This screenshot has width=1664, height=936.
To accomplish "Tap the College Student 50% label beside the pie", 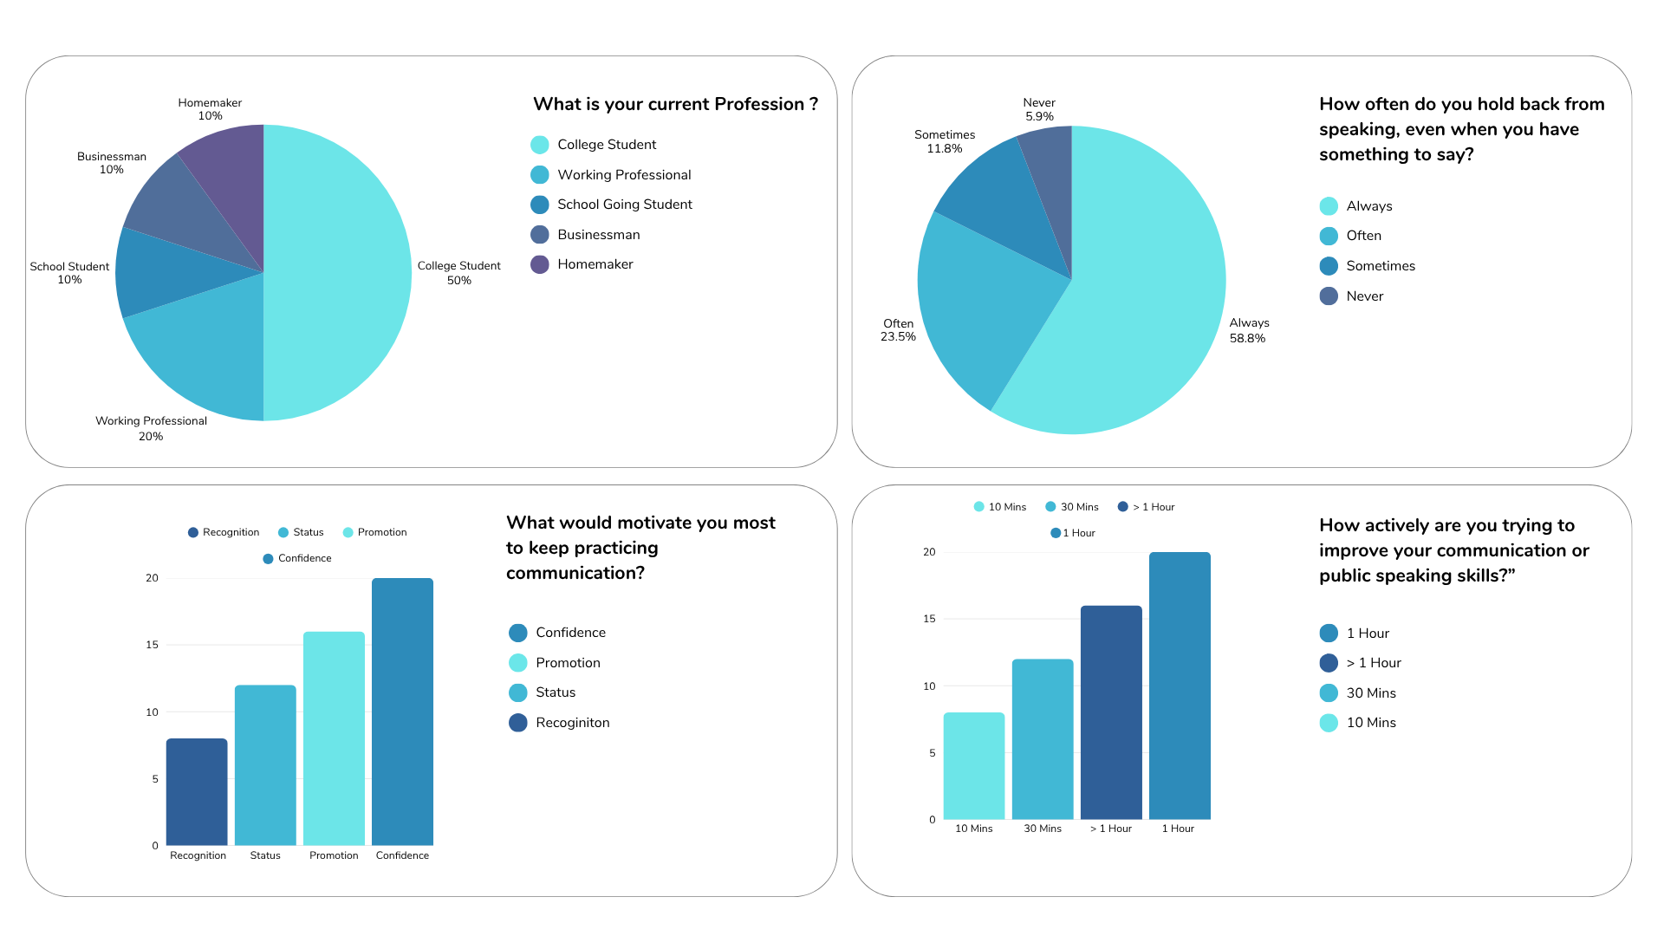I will [458, 273].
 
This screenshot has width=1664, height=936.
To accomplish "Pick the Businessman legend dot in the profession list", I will [540, 235].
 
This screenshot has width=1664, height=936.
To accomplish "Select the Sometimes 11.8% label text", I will [945, 141].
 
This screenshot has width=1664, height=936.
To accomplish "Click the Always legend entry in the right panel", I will [1368, 206].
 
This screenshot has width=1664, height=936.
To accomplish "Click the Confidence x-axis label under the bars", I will [402, 855].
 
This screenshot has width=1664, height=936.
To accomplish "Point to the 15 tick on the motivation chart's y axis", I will [153, 645].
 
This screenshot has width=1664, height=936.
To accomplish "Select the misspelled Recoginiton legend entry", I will [572, 723].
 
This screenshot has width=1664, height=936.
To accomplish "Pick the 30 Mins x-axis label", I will [1043, 829].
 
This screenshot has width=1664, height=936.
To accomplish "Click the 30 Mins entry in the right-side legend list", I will [1370, 693].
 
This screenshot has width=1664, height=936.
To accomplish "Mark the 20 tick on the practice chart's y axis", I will [930, 552].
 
